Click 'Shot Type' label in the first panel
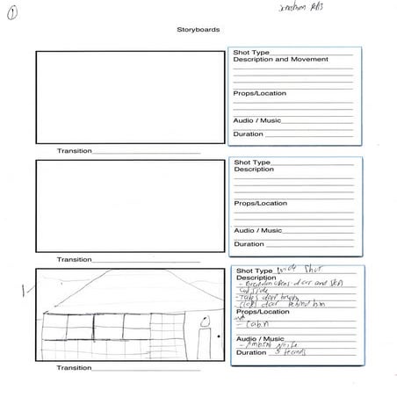click(251, 53)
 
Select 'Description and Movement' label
click(280, 60)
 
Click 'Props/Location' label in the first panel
click(259, 93)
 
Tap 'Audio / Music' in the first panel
click(256, 120)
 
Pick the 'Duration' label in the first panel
click(248, 134)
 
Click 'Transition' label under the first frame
click(75, 151)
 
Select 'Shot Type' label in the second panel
click(251, 162)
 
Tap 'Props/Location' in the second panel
click(259, 203)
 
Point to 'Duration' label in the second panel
click(248, 244)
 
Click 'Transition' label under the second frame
click(75, 259)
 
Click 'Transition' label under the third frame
click(75, 368)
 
